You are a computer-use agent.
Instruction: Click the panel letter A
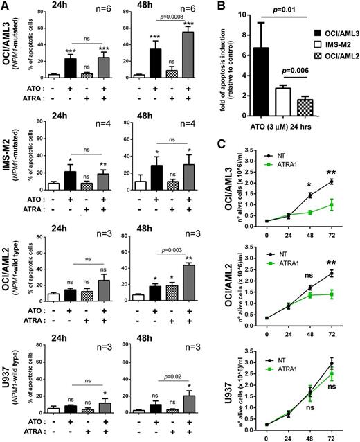point(6,6)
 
